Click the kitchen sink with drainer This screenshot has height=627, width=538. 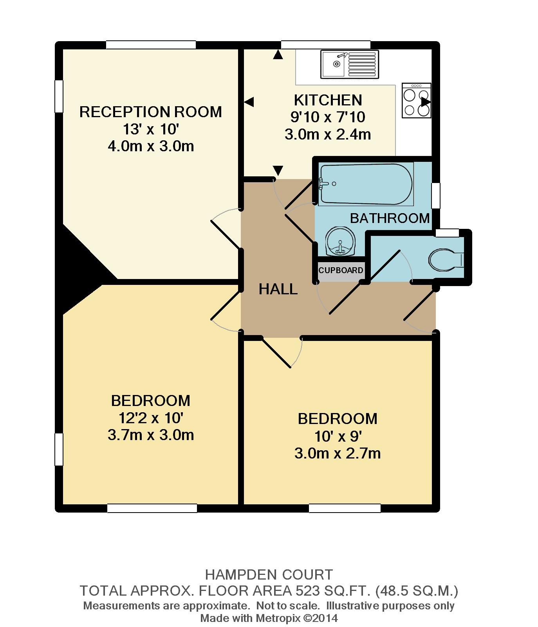[x=350, y=64]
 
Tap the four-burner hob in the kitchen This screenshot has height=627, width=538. [x=416, y=101]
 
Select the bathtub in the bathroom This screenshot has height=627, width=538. [x=366, y=184]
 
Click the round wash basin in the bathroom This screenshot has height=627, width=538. [x=340, y=241]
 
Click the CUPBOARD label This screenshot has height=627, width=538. [x=341, y=270]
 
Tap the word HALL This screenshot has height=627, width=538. [x=278, y=289]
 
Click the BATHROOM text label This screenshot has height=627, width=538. [x=390, y=218]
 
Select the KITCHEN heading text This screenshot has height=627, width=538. [x=328, y=100]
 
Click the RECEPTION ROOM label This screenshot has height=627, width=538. [x=150, y=112]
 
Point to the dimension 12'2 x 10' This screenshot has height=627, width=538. [x=151, y=418]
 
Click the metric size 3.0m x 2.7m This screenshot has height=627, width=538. [x=337, y=453]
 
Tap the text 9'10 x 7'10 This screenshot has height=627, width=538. [x=328, y=117]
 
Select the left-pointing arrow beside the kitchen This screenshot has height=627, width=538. [x=249, y=102]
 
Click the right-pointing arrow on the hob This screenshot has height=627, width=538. [x=426, y=102]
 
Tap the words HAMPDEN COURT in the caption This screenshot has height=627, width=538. [x=269, y=575]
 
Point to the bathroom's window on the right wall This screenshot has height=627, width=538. [x=435, y=196]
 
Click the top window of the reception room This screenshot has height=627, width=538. [x=151, y=45]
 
